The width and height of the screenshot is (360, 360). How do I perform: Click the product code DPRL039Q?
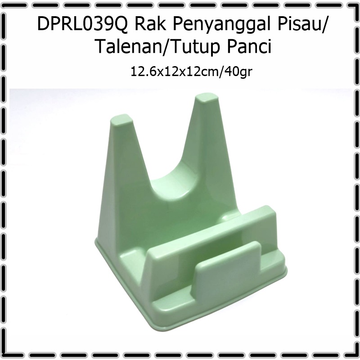(82, 24)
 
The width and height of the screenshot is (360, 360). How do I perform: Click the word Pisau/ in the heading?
(301, 24)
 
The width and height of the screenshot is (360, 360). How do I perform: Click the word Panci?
(249, 46)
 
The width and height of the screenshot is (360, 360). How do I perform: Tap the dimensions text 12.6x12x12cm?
(175, 71)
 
